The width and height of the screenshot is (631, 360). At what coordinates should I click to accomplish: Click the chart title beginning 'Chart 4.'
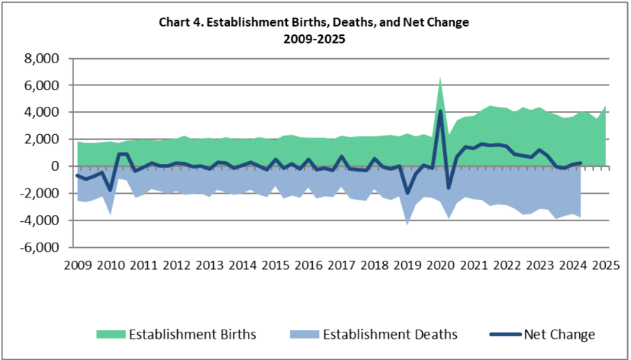[314, 22]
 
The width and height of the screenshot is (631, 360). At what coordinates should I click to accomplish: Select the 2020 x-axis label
[439, 265]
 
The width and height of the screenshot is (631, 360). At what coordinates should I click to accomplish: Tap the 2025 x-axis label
[604, 265]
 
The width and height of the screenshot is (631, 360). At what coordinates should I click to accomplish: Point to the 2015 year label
[275, 265]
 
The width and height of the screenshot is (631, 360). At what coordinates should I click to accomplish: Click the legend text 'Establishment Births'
[192, 334]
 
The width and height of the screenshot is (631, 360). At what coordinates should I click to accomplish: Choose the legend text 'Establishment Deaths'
[389, 334]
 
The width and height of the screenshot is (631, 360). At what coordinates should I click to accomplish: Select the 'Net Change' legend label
[559, 334]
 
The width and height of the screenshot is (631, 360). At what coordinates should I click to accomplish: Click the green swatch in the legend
[109, 334]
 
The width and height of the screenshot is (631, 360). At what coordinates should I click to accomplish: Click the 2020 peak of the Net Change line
[440, 111]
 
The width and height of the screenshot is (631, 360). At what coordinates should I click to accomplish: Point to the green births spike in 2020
[440, 79]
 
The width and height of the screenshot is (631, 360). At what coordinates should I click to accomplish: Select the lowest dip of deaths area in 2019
[407, 223]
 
